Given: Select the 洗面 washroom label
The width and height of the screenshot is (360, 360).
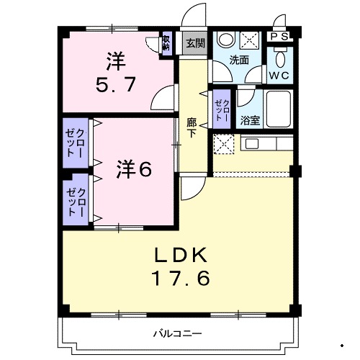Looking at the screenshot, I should point(240,60).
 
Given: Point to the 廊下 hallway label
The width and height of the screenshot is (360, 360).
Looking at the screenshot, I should point(192,128).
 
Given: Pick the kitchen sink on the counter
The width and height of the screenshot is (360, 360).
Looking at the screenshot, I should point(253,143).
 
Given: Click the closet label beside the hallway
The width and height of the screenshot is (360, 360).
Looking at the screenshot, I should point(220,110).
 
